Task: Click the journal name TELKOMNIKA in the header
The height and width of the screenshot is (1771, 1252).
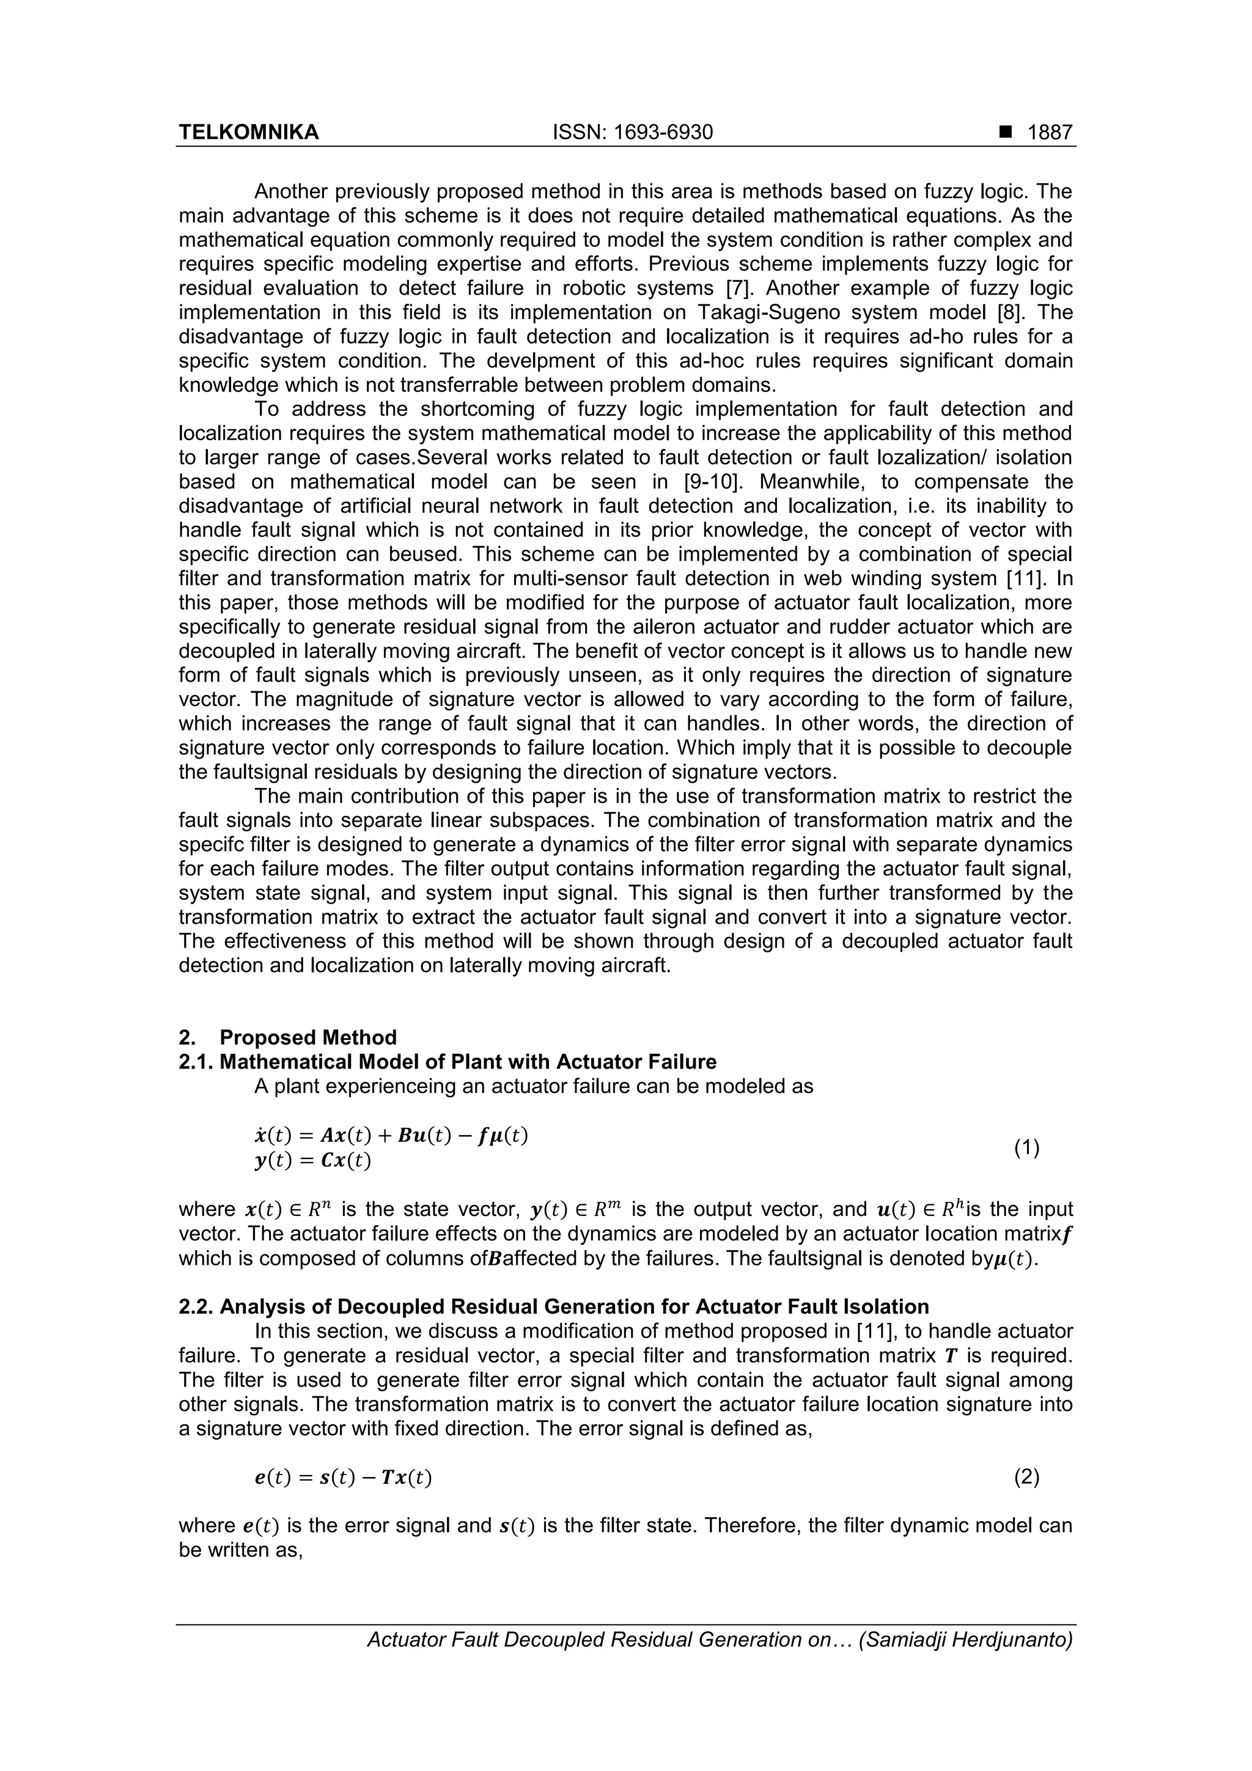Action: [x=248, y=133]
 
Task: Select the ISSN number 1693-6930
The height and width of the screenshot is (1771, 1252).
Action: [x=633, y=133]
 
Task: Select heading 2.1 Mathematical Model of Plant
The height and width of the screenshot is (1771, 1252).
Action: [x=447, y=1062]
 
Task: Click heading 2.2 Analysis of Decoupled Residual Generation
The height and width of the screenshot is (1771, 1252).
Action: [x=553, y=1306]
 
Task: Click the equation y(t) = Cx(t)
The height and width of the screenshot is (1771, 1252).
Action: [x=312, y=1161]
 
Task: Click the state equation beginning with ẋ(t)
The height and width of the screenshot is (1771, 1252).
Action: [x=391, y=1135]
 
